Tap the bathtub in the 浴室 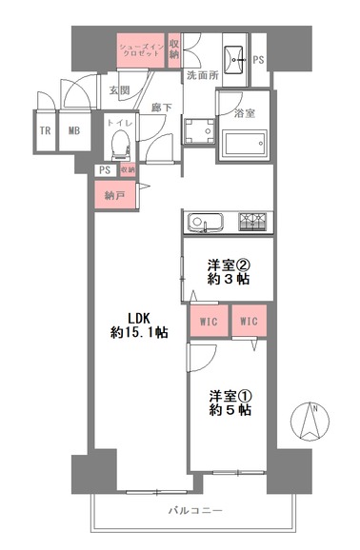pos(245,143)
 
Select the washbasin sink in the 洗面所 pos(234,60)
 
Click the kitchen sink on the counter pos(206,223)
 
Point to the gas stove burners pos(252,222)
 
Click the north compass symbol pos(310,421)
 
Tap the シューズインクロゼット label pos(140,50)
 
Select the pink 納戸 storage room pos(115,195)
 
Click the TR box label pos(45,130)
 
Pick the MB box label pos(74,130)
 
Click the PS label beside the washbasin pos(258,60)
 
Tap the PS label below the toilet pos(105,170)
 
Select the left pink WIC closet pos(209,321)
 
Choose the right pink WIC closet pos(249,321)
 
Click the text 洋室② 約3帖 pos(229,272)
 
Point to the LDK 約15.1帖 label pos(139,325)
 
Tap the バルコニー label pos(195,510)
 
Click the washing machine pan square pos(200,131)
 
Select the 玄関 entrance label pos(119,90)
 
